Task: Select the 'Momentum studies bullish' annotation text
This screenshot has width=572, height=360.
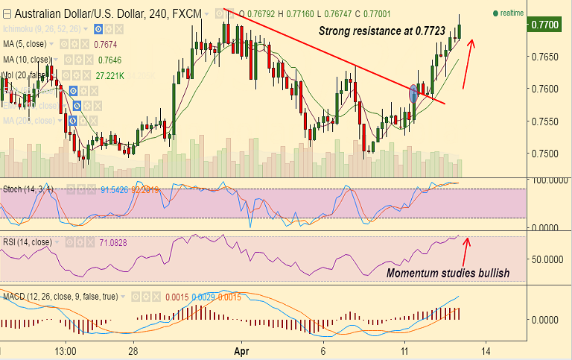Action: [x=448, y=274]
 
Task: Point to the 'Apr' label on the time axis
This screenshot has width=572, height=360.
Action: [x=241, y=350]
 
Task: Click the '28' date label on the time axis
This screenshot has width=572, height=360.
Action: [x=131, y=350]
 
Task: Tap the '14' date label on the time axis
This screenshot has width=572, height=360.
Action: [x=485, y=350]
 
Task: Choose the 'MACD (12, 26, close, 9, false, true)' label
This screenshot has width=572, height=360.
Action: [x=60, y=297]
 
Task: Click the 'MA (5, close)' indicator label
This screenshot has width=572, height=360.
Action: [x=26, y=44]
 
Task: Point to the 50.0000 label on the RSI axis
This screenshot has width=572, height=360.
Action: [x=547, y=260]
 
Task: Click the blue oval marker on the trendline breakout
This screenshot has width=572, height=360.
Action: [x=414, y=92]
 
